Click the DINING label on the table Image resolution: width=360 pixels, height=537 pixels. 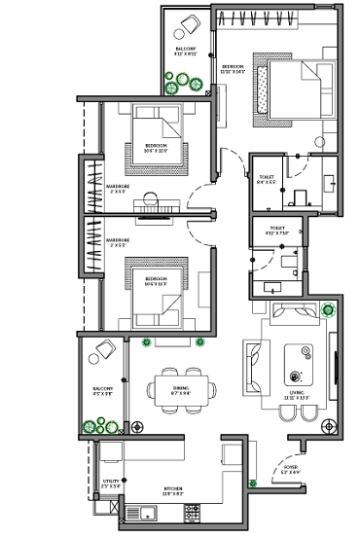[181, 389]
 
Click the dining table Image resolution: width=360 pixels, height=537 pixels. [181, 389]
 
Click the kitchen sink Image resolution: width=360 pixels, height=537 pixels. [146, 514]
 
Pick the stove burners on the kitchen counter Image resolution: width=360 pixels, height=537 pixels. [191, 514]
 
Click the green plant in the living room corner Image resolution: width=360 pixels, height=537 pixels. [328, 311]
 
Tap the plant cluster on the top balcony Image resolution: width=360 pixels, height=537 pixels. [178, 86]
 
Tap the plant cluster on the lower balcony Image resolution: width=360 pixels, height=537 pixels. [98, 424]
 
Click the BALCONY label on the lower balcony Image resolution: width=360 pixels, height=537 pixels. [103, 392]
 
